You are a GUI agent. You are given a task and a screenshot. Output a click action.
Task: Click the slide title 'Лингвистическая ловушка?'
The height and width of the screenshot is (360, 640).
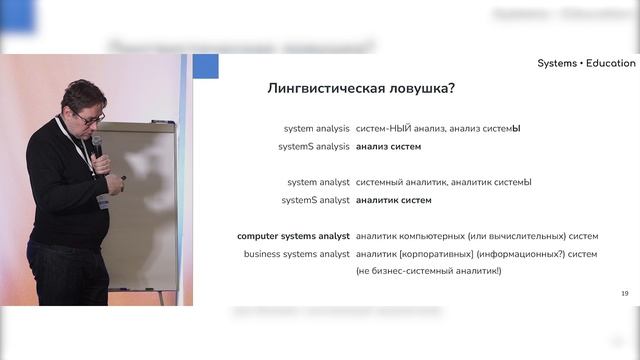pos(361,88)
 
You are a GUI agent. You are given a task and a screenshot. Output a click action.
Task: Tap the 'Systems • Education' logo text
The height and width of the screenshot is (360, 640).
pos(585,63)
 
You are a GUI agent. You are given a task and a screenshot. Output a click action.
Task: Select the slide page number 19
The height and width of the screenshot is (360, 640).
pos(624,292)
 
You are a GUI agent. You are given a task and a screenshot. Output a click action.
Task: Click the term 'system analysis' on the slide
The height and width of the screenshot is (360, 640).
pos(317,129)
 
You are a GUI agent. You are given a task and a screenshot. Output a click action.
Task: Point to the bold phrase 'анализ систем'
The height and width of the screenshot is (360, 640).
pos(388,146)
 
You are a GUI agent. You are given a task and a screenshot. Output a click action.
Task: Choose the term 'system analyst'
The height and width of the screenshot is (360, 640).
pos(318,183)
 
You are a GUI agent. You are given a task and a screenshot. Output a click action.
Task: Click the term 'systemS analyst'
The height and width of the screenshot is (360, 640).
pos(315,200)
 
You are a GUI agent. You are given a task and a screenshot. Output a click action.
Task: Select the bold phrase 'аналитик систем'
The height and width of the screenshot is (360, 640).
pos(393,200)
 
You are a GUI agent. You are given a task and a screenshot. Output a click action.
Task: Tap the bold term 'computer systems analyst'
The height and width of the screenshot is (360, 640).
pos(293,237)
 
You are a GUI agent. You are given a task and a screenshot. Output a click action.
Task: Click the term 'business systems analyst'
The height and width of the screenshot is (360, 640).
pos(296,254)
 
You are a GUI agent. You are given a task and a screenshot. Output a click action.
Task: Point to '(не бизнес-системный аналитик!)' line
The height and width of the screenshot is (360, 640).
pos(428,271)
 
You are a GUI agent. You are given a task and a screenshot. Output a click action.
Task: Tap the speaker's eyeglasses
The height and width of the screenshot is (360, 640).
pos(88,118)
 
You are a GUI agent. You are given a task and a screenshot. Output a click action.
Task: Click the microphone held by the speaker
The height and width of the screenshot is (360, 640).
pos(98,146)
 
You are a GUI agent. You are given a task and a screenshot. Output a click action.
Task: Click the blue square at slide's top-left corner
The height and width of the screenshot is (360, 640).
pos(205,67)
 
